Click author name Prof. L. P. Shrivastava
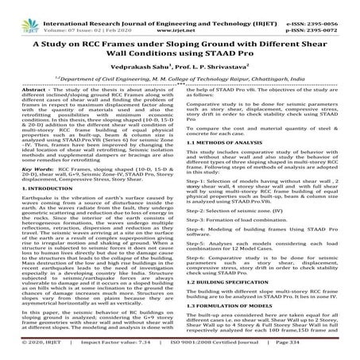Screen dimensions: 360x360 tap(215, 70)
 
